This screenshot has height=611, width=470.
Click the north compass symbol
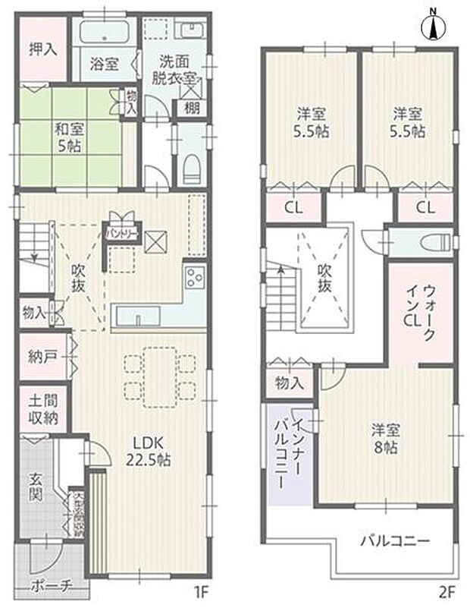tap(434, 26)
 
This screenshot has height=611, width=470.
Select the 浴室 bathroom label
tap(105, 64)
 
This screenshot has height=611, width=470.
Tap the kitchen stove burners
tap(193, 278)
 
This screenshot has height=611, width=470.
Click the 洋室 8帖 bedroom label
tap(385, 438)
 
